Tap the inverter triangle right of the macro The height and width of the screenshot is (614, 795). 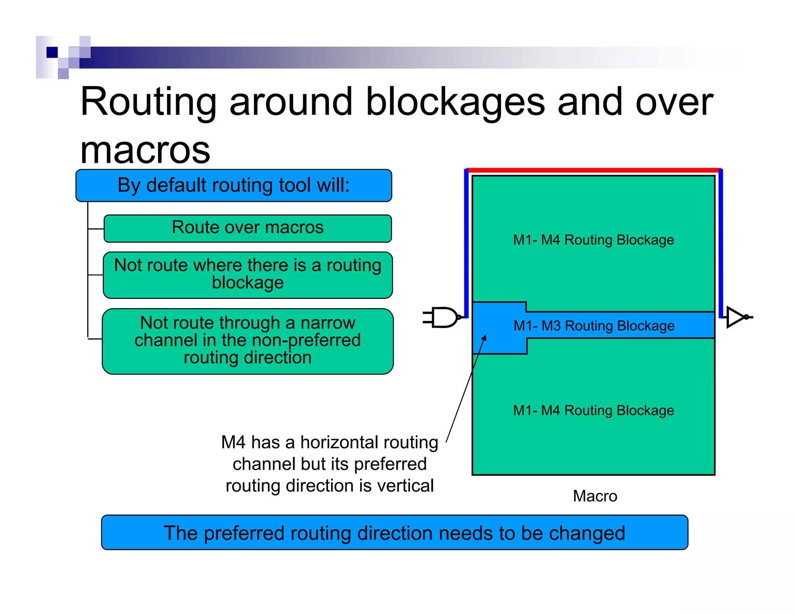tap(735, 317)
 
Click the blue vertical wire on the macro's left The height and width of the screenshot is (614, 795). tap(467, 241)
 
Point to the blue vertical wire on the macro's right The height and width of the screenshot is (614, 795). tap(721, 241)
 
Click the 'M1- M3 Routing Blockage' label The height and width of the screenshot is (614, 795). tap(594, 326)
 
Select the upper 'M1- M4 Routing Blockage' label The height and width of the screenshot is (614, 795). tap(594, 240)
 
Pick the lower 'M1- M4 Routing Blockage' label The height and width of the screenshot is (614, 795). tap(594, 410)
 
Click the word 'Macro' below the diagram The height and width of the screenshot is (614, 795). tap(595, 496)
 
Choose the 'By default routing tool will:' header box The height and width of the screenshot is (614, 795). tap(234, 186)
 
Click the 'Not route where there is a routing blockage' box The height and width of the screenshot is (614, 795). tap(248, 275)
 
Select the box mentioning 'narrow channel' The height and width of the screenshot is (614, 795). tap(248, 341)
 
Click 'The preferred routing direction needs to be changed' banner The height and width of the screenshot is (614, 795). tap(394, 532)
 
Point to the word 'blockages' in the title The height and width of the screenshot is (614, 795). tap(455, 102)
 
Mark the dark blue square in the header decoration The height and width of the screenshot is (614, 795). tap(52, 52)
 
